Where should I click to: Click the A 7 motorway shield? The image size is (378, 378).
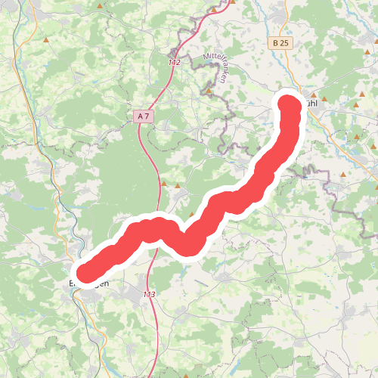pos(141,116)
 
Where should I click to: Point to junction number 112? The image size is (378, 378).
pos(175,63)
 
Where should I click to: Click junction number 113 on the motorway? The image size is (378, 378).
pos(149,293)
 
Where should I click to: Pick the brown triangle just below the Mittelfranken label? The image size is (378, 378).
pos(209,91)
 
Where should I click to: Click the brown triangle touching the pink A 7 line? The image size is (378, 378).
pos(163,182)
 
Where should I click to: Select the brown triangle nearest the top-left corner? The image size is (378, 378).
pos(48,39)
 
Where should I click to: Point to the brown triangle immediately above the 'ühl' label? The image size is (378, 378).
pos(313,94)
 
